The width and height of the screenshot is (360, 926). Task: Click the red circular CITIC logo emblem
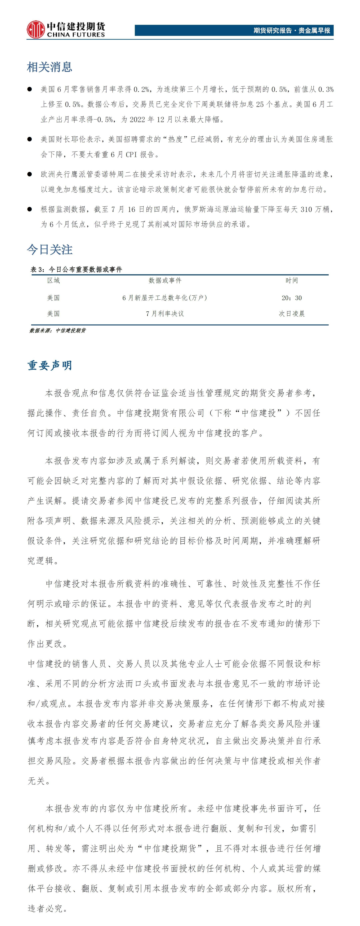pos(35,30)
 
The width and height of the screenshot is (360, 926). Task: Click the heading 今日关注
pos(49,249)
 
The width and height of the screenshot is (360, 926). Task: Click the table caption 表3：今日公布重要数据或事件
pos(76,269)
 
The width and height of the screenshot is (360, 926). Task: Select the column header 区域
pos(53,280)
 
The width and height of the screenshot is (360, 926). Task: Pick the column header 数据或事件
pos(165,280)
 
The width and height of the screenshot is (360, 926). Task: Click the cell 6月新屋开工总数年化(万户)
pos(165,298)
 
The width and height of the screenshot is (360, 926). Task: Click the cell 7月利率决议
pos(165,313)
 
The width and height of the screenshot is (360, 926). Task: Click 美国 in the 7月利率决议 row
pos(53,313)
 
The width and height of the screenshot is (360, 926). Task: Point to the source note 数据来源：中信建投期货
pos(57,330)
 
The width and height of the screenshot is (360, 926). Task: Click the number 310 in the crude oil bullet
pos(306,209)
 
